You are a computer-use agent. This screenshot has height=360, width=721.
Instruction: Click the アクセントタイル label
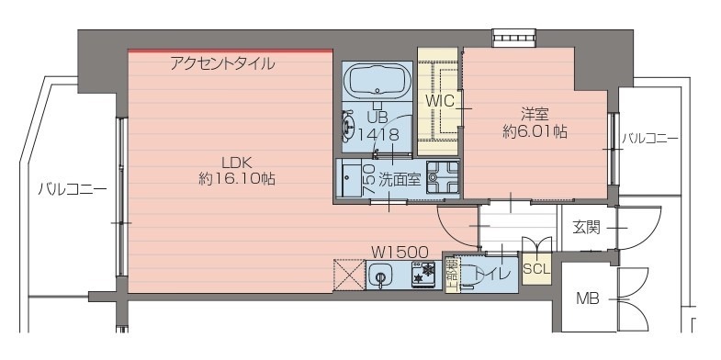[222, 64]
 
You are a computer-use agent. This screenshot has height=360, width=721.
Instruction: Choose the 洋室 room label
[535, 114]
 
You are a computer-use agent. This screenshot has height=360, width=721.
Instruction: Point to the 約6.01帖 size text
[535, 131]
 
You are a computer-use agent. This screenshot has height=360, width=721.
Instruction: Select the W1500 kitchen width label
[400, 251]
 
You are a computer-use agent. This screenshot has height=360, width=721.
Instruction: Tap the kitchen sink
[381, 276]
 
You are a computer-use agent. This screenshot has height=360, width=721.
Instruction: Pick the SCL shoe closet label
[535, 270]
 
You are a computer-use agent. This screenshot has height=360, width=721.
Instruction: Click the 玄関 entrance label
[586, 226]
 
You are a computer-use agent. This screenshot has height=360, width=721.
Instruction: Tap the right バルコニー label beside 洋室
[649, 139]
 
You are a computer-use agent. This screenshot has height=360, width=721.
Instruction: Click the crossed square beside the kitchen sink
[348, 276]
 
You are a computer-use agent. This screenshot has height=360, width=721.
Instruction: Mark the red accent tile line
[230, 51]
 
